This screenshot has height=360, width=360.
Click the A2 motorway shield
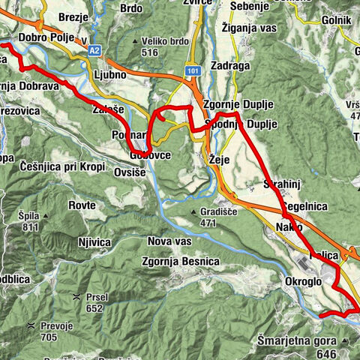click(x=94, y=50)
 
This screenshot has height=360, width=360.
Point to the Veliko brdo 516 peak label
click(x=156, y=46)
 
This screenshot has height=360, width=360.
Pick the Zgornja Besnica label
click(x=181, y=261)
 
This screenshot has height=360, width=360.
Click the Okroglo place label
click(x=303, y=282)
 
